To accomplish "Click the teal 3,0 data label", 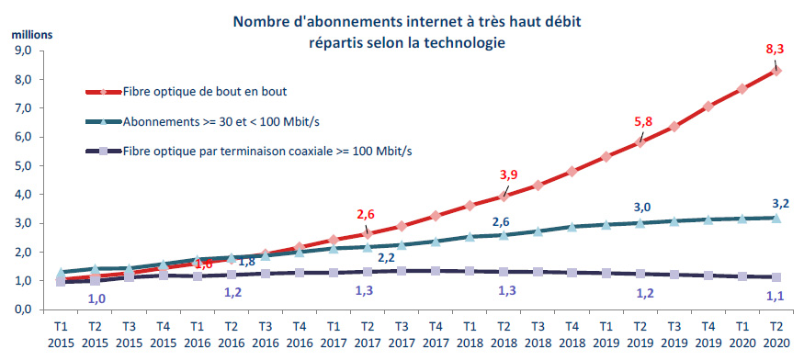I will click(x=643, y=208).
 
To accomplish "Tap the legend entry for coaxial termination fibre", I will click(x=266, y=152).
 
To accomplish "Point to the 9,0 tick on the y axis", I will click(x=25, y=51).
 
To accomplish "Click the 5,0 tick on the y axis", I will click(x=25, y=166).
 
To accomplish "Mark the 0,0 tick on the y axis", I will click(x=25, y=310).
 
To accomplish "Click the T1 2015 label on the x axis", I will click(x=60, y=334).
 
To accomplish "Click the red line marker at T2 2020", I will click(x=776, y=70).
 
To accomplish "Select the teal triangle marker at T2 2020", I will click(x=776, y=218).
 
